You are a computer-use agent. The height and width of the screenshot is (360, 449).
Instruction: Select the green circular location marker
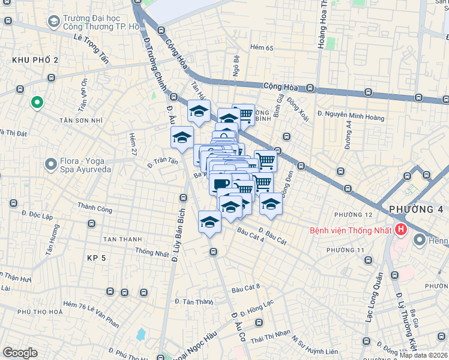point(37,103)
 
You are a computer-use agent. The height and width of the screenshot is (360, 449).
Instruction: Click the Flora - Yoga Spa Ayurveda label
point(86,165)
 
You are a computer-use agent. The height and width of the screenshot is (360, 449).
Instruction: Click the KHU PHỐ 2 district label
point(35,60)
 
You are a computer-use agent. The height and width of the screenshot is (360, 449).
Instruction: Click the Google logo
point(20,353)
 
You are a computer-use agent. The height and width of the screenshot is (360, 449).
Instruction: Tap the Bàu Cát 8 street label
point(246,287)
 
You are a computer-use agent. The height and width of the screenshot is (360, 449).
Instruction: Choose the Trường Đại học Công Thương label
point(96,22)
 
